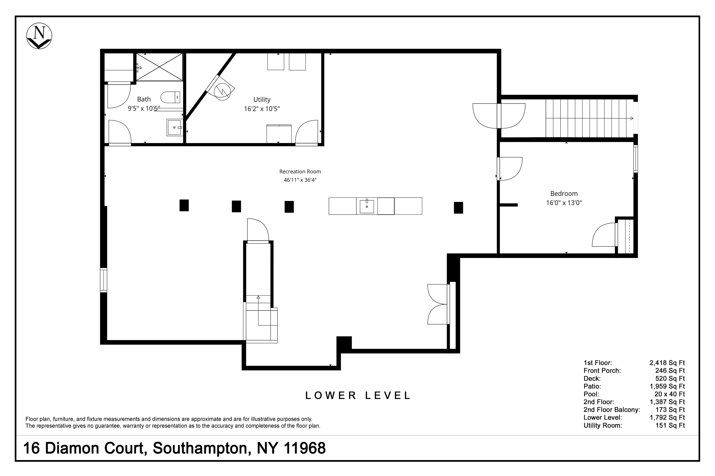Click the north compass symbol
[39, 36]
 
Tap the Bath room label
[144, 99]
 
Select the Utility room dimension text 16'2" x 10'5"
[262, 109]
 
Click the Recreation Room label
[300, 172]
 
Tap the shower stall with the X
[159, 67]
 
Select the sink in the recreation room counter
[367, 206]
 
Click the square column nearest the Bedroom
[458, 208]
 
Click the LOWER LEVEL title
[358, 395]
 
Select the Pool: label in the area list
[591, 394]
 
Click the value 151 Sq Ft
[670, 425]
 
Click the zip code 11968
[305, 448]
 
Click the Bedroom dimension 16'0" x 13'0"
[564, 203]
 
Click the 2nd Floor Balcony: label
[612, 410]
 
